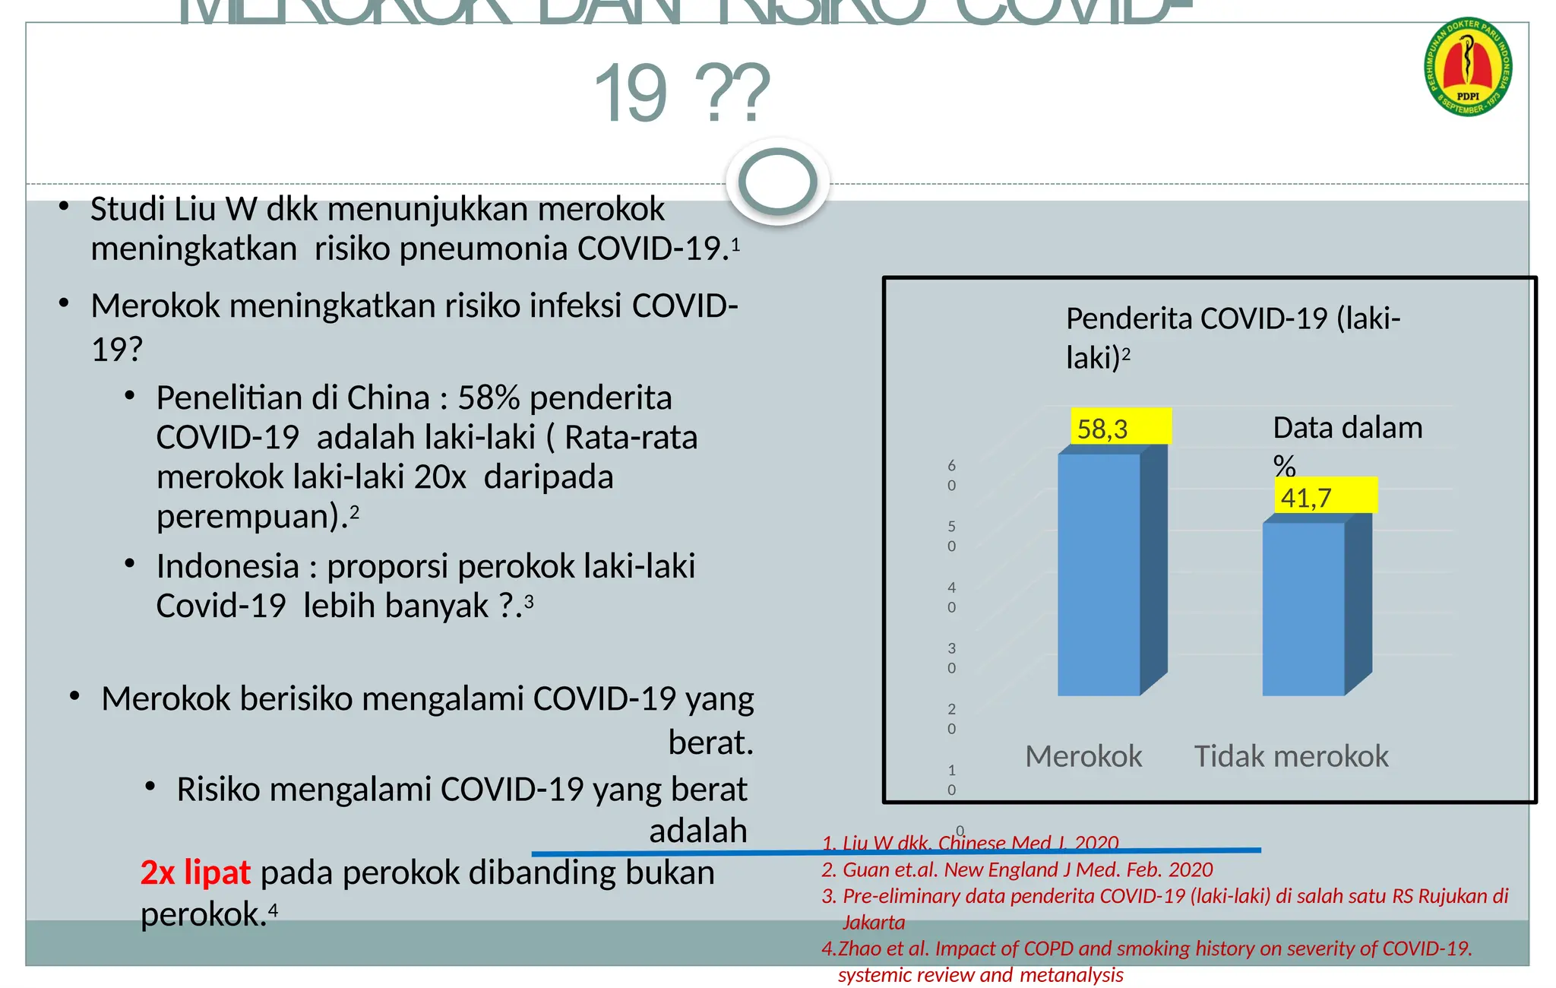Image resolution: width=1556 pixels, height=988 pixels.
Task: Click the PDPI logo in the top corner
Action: tap(1467, 68)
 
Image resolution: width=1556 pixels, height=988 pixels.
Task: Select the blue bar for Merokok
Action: tap(1099, 574)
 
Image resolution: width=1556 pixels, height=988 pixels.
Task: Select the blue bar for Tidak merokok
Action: tap(1304, 608)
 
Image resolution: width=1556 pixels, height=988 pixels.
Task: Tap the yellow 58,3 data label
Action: tap(1120, 427)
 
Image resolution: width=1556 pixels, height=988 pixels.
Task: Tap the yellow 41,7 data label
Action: tap(1324, 496)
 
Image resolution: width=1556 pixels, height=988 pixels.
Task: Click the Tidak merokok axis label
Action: tap(1291, 756)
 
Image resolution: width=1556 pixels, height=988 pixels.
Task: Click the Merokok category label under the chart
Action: tap(1083, 756)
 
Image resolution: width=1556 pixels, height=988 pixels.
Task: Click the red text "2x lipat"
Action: tap(195, 872)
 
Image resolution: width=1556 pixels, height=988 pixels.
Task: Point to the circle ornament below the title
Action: tap(777, 182)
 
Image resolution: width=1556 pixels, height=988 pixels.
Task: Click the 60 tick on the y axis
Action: tap(951, 475)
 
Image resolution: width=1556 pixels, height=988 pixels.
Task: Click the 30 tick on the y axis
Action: tap(951, 658)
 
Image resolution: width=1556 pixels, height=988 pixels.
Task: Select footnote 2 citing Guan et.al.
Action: tap(1017, 869)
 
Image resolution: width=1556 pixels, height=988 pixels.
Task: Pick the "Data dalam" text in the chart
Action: tap(1347, 428)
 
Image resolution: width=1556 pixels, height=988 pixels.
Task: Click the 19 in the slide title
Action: tap(631, 94)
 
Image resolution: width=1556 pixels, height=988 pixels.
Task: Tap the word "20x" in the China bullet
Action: tap(440, 477)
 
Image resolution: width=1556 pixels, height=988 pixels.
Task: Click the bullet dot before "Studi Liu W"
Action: tap(65, 207)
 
